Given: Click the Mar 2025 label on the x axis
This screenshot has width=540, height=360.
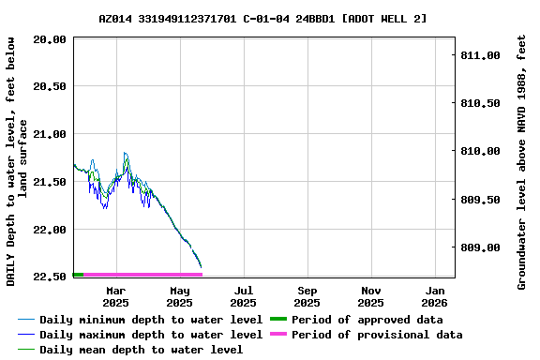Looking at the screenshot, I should point(115,296).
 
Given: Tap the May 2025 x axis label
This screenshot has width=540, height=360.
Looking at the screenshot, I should point(179,296).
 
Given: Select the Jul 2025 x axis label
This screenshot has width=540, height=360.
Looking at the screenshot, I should point(243,296).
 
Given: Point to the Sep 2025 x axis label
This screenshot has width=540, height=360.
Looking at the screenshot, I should point(307,296).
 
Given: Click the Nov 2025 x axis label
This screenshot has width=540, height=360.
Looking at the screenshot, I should point(370,296).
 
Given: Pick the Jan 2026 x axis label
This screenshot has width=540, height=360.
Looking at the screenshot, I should point(434,296).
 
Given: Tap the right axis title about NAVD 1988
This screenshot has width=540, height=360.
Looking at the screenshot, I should point(521,161).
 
